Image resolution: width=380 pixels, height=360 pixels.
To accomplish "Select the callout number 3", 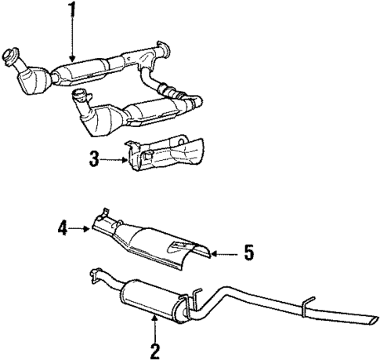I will (94, 160).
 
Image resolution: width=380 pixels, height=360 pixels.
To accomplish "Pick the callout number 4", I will (62, 230).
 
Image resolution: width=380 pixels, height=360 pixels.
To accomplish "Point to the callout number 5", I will (248, 253).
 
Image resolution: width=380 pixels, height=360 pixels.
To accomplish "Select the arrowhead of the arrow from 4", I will (90, 230).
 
